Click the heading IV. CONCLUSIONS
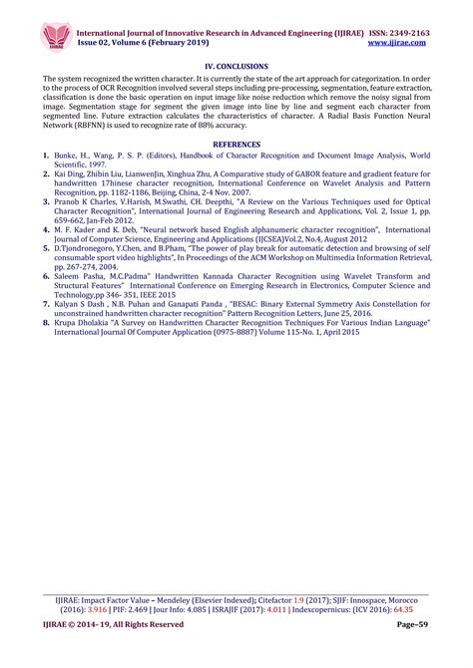click(x=236, y=65)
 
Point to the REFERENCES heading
click(x=236, y=145)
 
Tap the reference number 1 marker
click(x=46, y=157)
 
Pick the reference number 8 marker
click(x=46, y=324)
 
